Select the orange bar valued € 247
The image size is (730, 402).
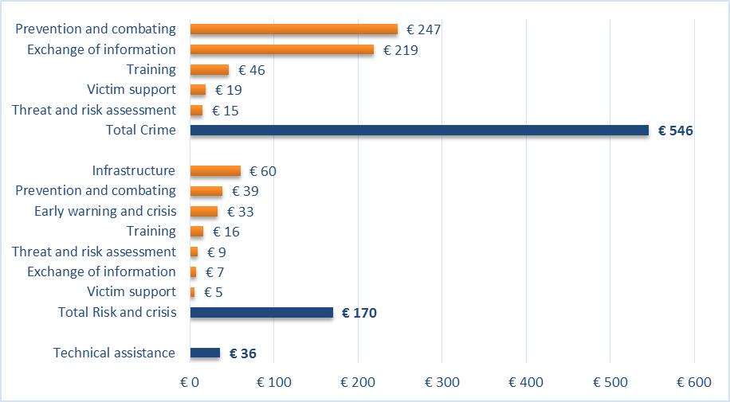point(293,29)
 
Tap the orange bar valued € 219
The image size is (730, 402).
point(281,49)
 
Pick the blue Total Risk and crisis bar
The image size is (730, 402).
point(261,312)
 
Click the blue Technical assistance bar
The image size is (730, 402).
point(205,353)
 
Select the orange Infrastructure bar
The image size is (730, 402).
point(215,170)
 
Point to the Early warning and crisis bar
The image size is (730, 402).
point(204,211)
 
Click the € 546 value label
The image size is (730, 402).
point(676,131)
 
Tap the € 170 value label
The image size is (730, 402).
point(359,313)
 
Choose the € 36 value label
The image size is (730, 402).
point(242,353)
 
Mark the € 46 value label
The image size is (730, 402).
point(251,70)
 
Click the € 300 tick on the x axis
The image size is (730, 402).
point(442,383)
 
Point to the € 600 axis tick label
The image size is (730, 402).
point(693,383)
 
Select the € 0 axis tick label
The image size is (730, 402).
point(190,383)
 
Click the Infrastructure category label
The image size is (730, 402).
point(133,170)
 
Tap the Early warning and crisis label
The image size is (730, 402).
point(105,211)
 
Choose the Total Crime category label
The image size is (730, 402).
point(140,130)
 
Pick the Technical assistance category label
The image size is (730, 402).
point(114,353)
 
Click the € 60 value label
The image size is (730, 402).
point(262,171)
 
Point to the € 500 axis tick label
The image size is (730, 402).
point(610,383)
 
